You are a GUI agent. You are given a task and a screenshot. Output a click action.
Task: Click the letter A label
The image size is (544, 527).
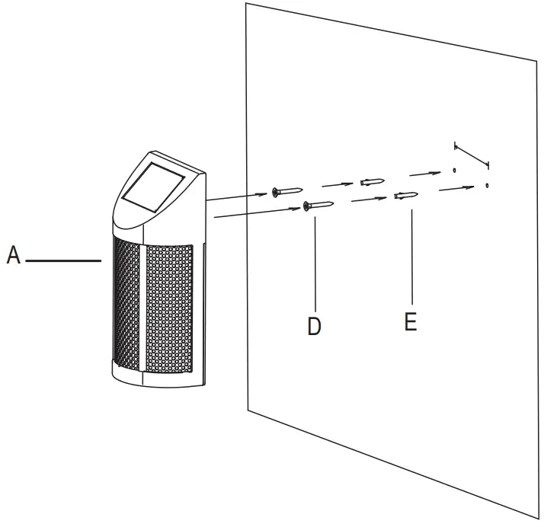tap(13, 255)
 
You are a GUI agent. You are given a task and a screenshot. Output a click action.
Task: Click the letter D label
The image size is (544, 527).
tap(314, 326)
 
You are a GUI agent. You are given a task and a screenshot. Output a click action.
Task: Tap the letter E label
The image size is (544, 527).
tap(411, 322)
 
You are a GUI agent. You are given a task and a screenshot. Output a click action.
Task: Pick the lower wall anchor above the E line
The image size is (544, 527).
tap(405, 196)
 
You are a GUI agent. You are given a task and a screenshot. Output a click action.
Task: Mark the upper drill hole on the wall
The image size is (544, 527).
tap(454, 171)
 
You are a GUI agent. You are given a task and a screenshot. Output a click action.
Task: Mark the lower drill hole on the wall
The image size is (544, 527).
tap(486, 185)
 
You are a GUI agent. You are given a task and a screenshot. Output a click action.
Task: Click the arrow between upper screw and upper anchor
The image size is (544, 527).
tap(336, 184)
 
